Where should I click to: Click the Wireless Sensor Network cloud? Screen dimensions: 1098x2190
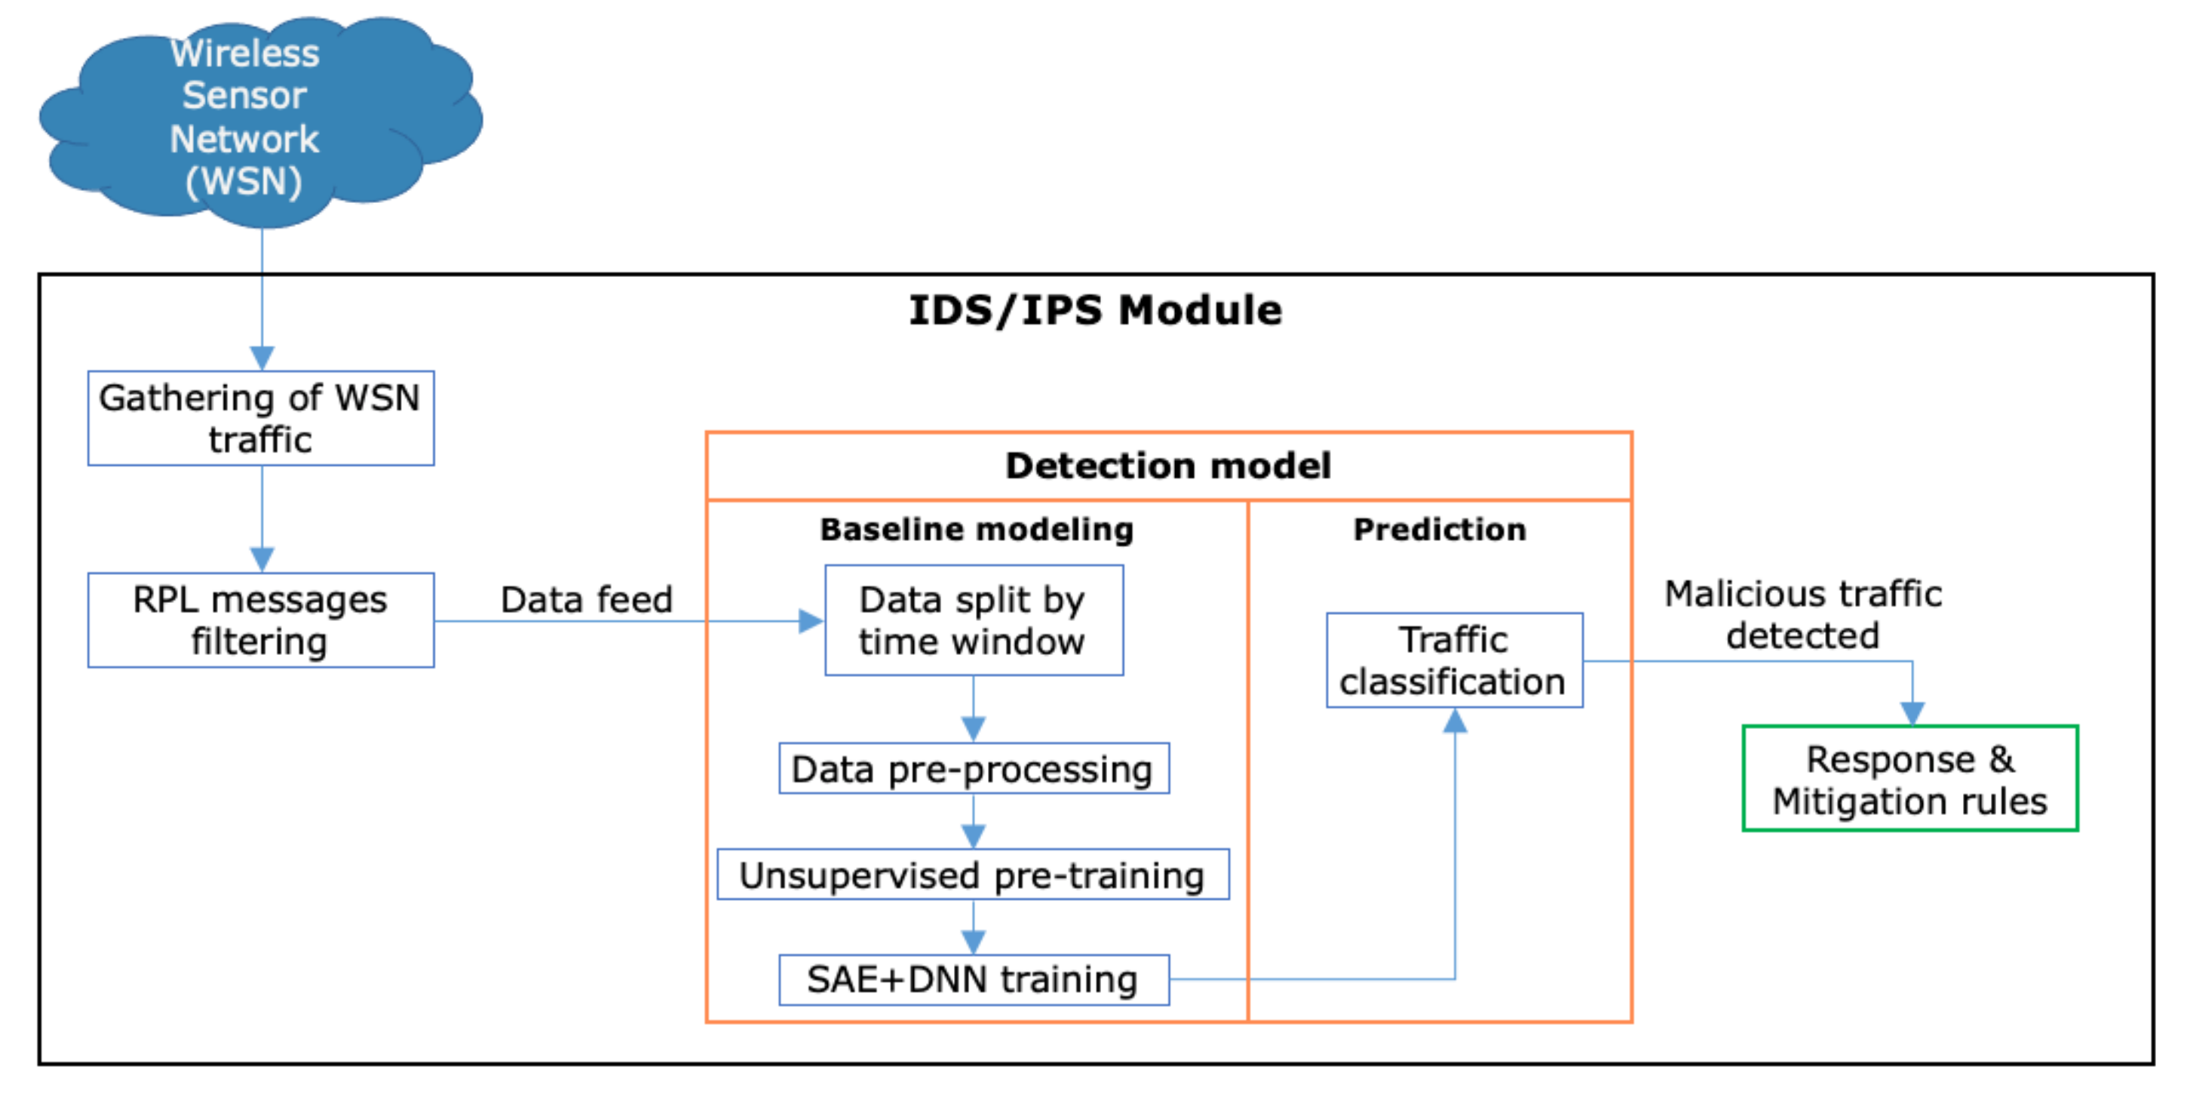tap(255, 119)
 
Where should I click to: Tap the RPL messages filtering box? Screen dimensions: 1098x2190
tap(261, 620)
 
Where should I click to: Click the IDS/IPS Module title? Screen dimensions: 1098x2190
tap(1095, 309)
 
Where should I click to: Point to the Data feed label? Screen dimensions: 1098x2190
tap(586, 600)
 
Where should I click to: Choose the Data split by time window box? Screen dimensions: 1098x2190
tap(974, 620)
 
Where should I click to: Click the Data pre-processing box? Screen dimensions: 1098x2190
tap(974, 769)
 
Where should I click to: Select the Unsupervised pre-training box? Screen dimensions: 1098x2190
tap(973, 875)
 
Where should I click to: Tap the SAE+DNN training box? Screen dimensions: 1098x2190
tap(974, 980)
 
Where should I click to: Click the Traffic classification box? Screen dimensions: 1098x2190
tap(1454, 660)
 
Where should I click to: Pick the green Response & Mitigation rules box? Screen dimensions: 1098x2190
tap(1909, 778)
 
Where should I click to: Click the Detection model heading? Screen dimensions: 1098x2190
tap(1168, 466)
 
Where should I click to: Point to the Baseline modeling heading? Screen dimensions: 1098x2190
tap(977, 529)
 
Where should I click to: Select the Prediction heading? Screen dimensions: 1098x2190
tap(1440, 529)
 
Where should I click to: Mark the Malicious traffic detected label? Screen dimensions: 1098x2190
tap(1802, 614)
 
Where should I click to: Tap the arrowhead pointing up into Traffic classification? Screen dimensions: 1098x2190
tap(1455, 721)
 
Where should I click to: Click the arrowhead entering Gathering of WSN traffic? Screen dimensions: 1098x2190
tap(262, 357)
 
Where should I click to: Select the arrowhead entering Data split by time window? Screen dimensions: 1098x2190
tap(810, 621)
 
